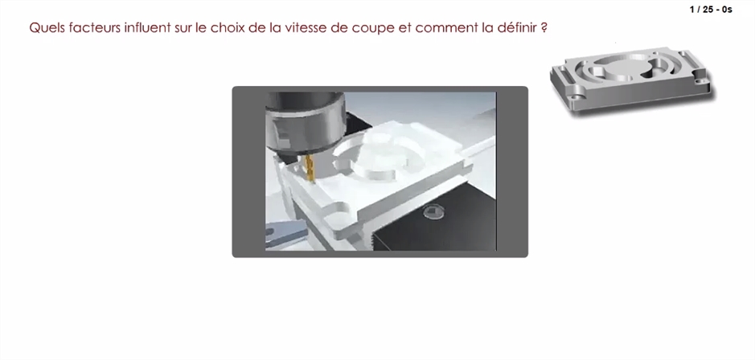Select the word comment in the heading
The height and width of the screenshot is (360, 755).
pos(446,28)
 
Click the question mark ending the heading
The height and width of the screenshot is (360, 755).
pos(544,27)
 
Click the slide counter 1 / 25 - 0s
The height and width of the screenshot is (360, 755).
pos(711,9)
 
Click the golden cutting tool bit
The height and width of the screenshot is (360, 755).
pos(310,168)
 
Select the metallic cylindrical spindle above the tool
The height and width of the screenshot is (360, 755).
pos(306,123)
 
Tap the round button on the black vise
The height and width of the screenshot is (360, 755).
pos(432,212)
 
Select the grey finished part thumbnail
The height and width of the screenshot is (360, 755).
pos(632,80)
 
